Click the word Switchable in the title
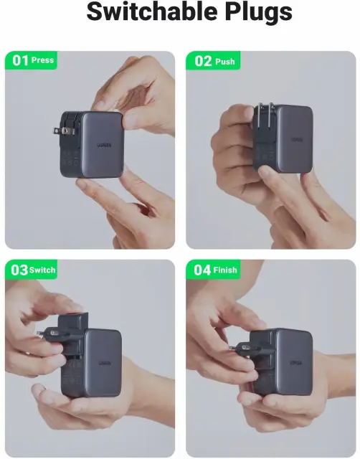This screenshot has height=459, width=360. pos(153,11)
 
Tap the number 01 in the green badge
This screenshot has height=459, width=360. pos(21,60)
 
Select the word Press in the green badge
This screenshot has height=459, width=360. pos(43,60)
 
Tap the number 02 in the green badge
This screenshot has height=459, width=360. pos(203,61)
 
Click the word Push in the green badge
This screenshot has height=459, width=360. pos(225,62)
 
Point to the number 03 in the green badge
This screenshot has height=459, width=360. pos(19,270)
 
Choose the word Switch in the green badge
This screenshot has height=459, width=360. pos(42,270)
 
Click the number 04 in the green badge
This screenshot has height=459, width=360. pos(202,270)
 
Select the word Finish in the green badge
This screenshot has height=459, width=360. pos(225,270)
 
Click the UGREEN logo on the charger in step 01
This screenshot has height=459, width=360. pos(104,145)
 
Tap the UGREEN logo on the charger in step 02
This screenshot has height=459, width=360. pos(297,139)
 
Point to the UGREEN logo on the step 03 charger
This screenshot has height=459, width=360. pos(105,363)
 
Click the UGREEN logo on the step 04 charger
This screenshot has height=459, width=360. pos(296,363)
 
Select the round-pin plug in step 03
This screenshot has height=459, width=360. pos(55,333)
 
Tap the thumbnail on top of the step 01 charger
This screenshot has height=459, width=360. pos(130,120)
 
